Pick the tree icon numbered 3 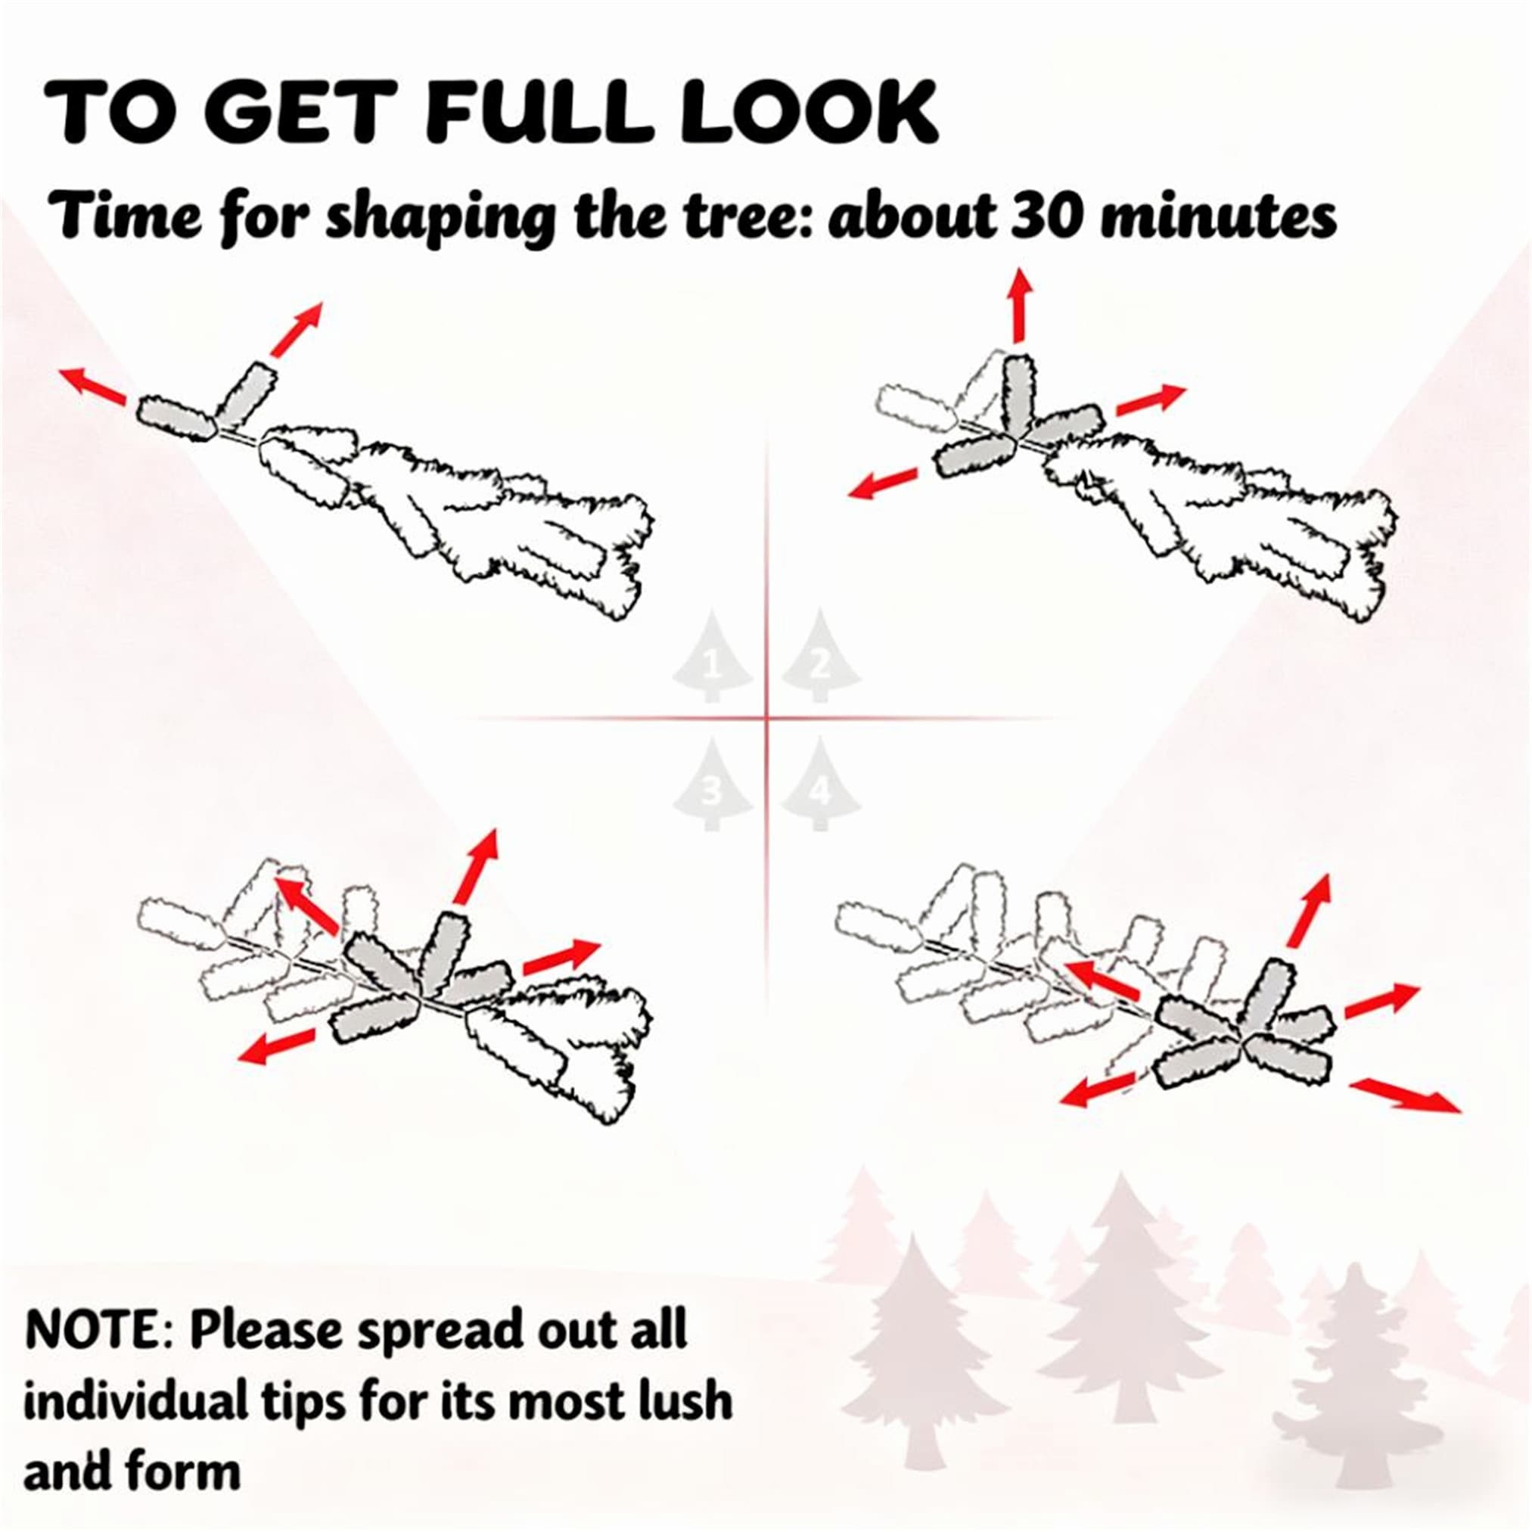tap(712, 785)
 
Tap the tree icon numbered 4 tap(821, 785)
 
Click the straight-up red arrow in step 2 tap(1021, 306)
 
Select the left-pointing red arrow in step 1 tap(93, 385)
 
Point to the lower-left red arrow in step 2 tap(883, 483)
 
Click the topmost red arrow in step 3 tap(477, 866)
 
